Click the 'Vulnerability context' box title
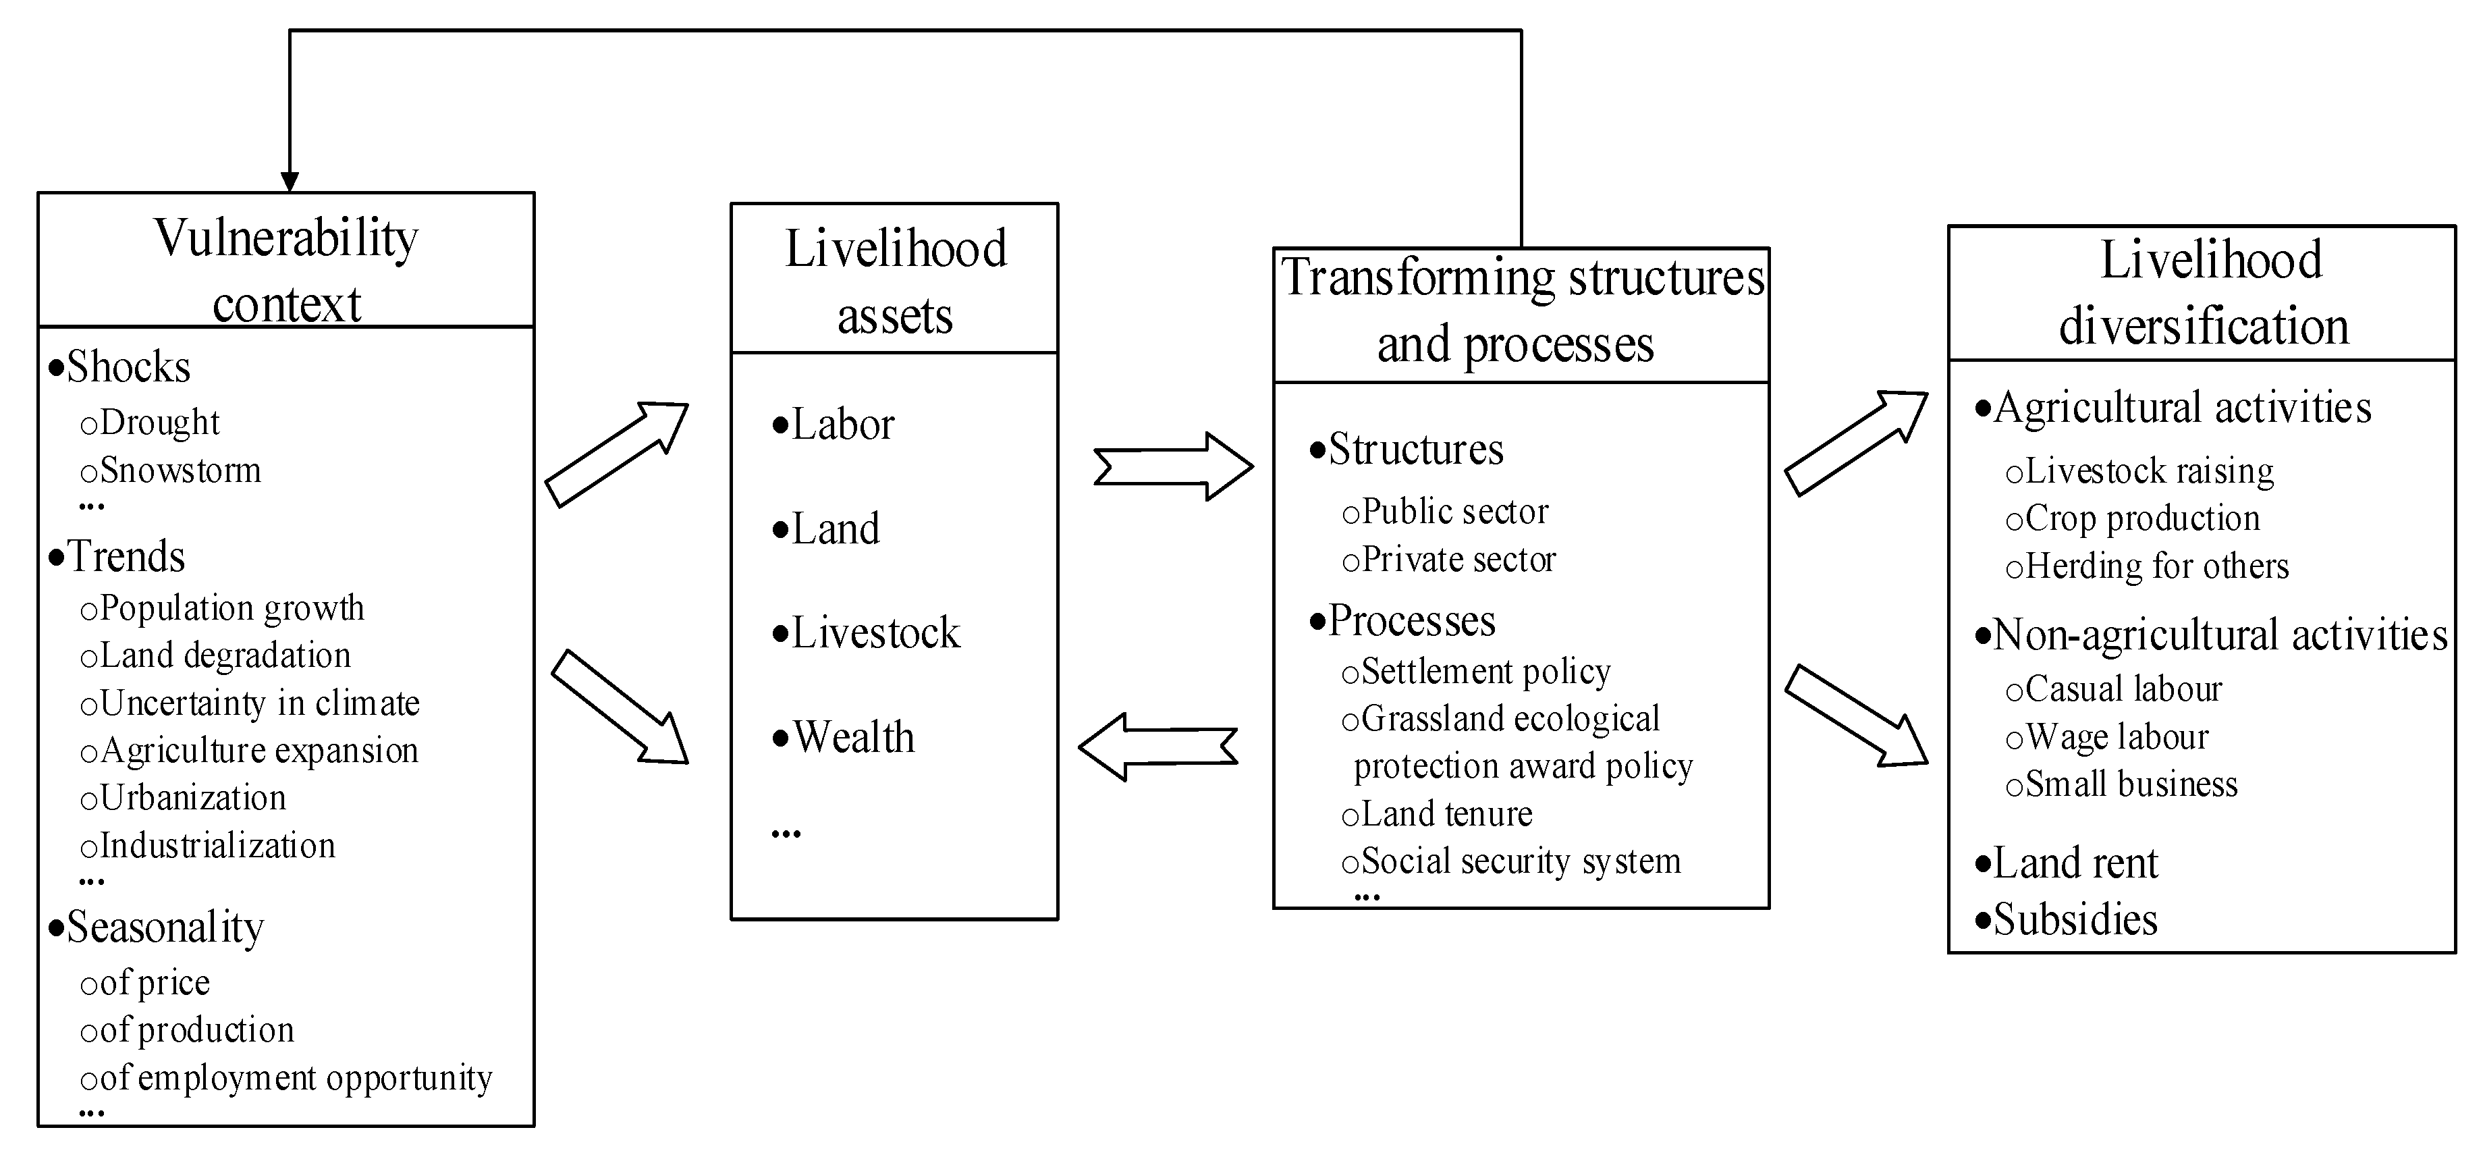(x=286, y=270)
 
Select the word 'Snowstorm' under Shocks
(x=180, y=470)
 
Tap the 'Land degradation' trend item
(x=225, y=655)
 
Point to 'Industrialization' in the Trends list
(x=217, y=846)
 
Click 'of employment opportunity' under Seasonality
(x=295, y=1077)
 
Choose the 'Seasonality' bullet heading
(x=165, y=927)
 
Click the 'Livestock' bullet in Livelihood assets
(x=875, y=633)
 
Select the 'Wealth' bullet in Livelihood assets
(x=853, y=738)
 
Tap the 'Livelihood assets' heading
(x=894, y=281)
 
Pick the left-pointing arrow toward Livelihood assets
(x=1157, y=747)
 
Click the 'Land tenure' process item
(x=1446, y=814)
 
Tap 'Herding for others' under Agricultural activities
(x=2156, y=566)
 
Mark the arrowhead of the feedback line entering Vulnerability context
(x=289, y=182)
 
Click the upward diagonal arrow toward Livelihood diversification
(x=1855, y=443)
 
